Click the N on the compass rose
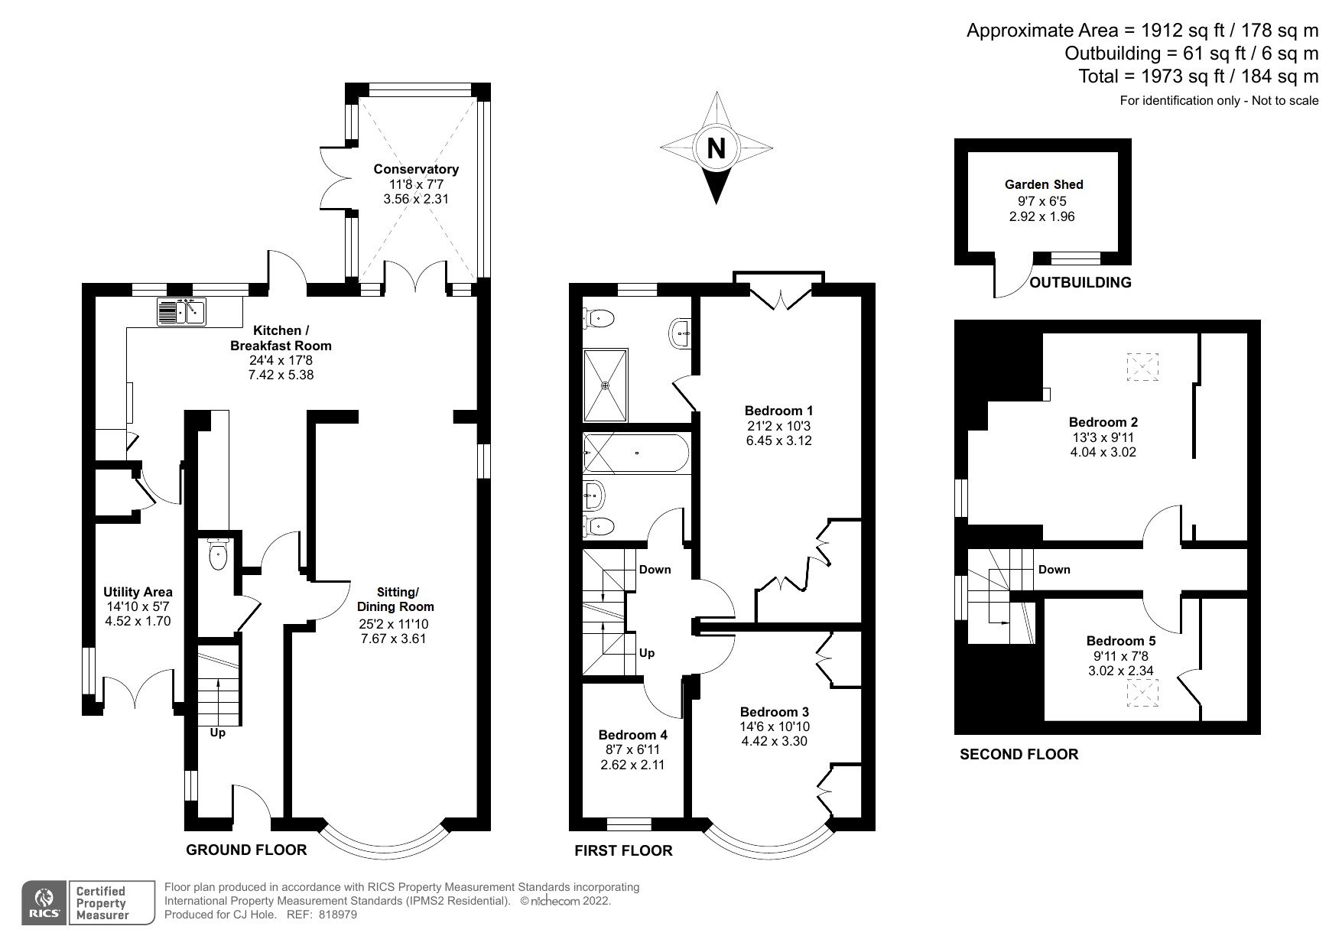click(716, 148)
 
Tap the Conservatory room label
click(415, 169)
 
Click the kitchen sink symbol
click(182, 312)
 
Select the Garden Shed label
click(1043, 184)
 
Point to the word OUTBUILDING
click(1080, 282)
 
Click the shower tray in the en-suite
click(605, 385)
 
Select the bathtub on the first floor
click(636, 453)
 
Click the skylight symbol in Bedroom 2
click(1142, 367)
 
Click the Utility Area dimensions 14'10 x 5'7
click(138, 606)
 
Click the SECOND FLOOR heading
click(1019, 754)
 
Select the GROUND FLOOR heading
click(246, 850)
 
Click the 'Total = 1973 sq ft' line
click(1197, 76)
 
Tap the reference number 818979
click(337, 915)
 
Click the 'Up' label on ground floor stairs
click(218, 733)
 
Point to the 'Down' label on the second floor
click(1054, 570)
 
